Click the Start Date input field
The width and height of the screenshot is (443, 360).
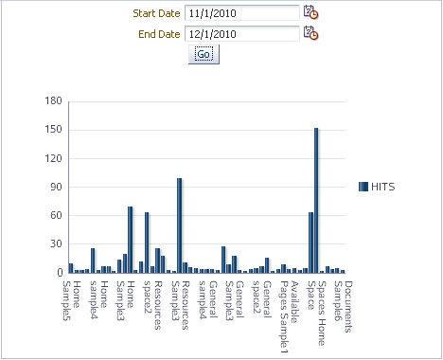(x=241, y=12)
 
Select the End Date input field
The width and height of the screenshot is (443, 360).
(x=241, y=33)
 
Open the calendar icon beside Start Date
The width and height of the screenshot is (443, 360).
(x=310, y=12)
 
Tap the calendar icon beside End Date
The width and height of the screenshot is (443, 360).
(x=310, y=33)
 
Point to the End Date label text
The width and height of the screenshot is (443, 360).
(x=156, y=34)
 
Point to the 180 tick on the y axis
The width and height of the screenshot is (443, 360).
(x=53, y=101)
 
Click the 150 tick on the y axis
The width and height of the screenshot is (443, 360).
(x=53, y=130)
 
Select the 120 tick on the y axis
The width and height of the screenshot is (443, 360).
(x=53, y=158)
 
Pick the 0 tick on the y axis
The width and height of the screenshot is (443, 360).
(x=59, y=273)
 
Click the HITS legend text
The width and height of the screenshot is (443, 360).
(x=383, y=187)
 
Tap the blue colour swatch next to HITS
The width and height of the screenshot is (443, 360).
(x=363, y=187)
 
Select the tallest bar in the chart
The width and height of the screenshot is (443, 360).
(x=316, y=200)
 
